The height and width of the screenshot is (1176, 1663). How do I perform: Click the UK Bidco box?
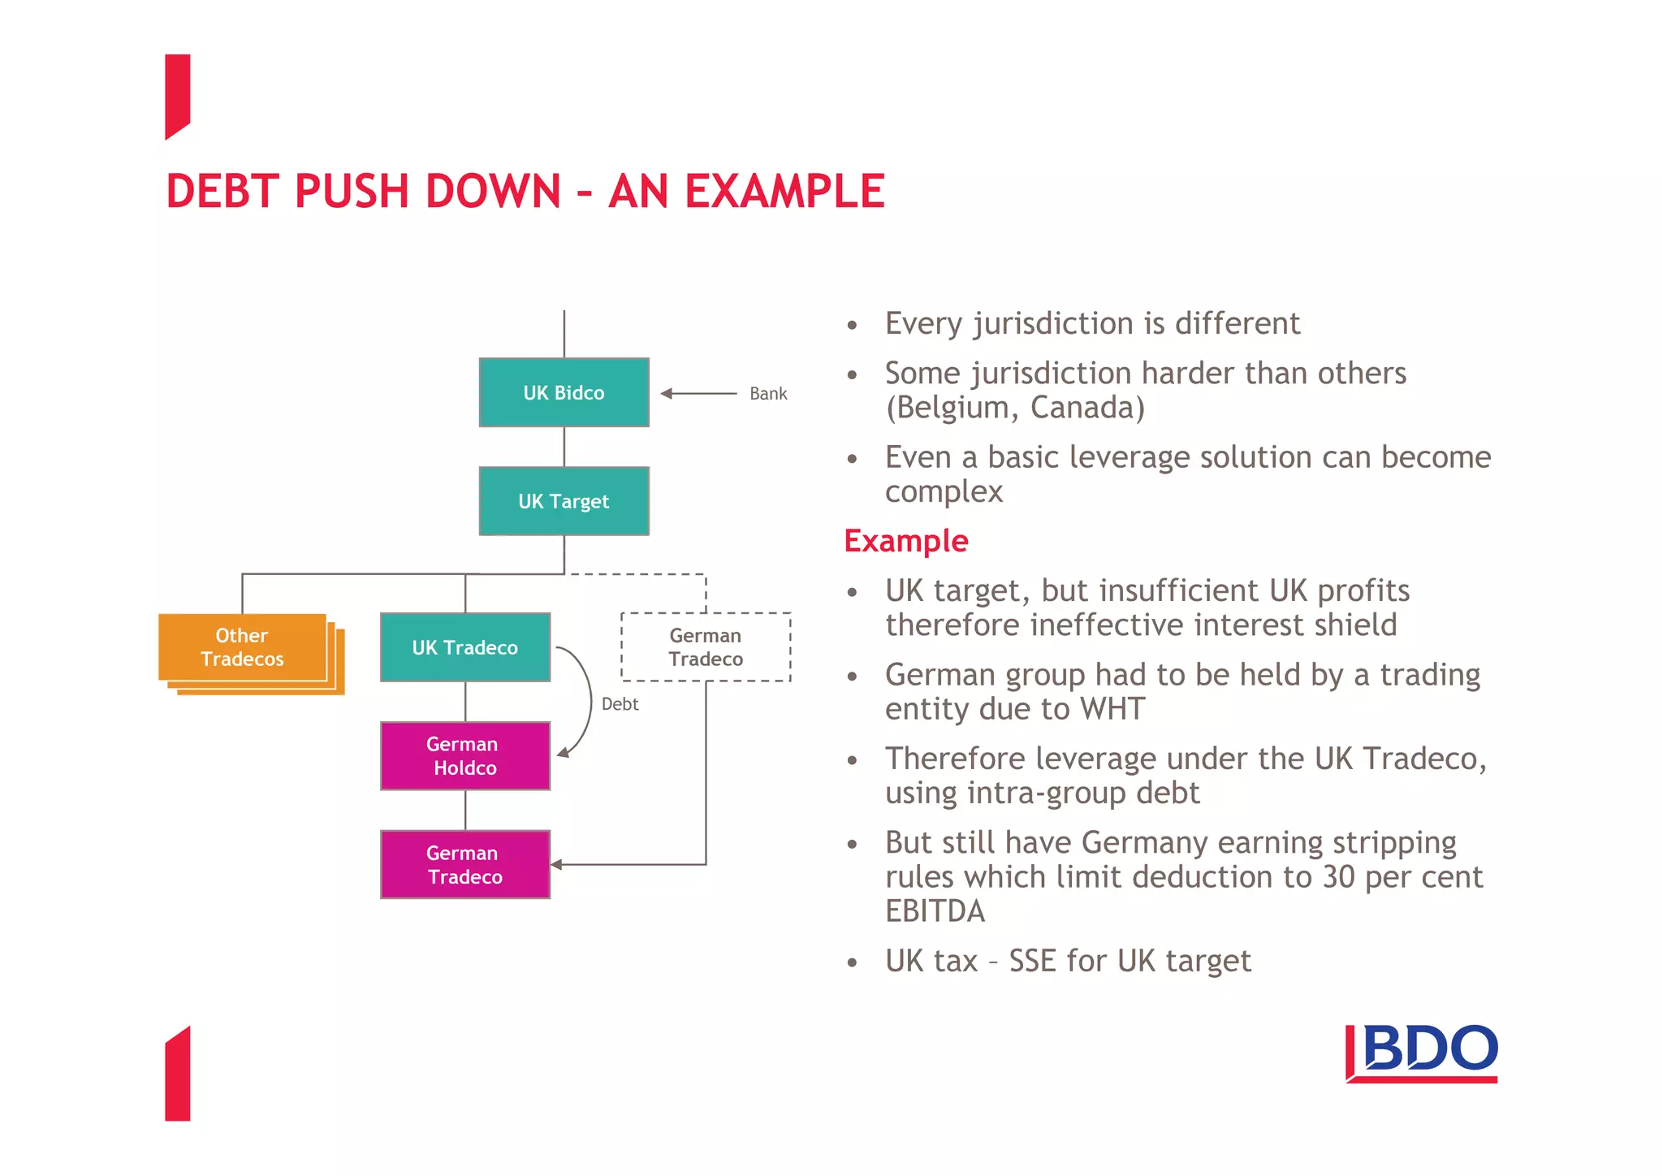[564, 392]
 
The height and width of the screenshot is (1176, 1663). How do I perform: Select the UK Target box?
[564, 501]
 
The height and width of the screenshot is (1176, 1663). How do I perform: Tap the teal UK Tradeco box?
[464, 647]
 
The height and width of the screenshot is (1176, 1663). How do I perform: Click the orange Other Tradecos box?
[242, 647]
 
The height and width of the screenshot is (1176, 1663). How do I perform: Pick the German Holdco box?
[464, 756]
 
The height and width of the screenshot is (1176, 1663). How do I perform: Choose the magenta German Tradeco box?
[464, 865]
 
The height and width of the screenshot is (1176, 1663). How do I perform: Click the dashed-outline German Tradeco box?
[706, 647]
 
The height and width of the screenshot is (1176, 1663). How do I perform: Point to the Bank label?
[768, 394]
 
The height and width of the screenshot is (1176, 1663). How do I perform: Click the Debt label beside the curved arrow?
[620, 704]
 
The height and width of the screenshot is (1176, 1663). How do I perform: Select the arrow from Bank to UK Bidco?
[698, 394]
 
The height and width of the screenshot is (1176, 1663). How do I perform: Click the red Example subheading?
[906, 541]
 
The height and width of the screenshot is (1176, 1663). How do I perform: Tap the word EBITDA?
[935, 911]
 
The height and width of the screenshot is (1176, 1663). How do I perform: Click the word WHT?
[1112, 709]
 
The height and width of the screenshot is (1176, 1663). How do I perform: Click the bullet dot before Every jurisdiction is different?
[852, 326]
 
